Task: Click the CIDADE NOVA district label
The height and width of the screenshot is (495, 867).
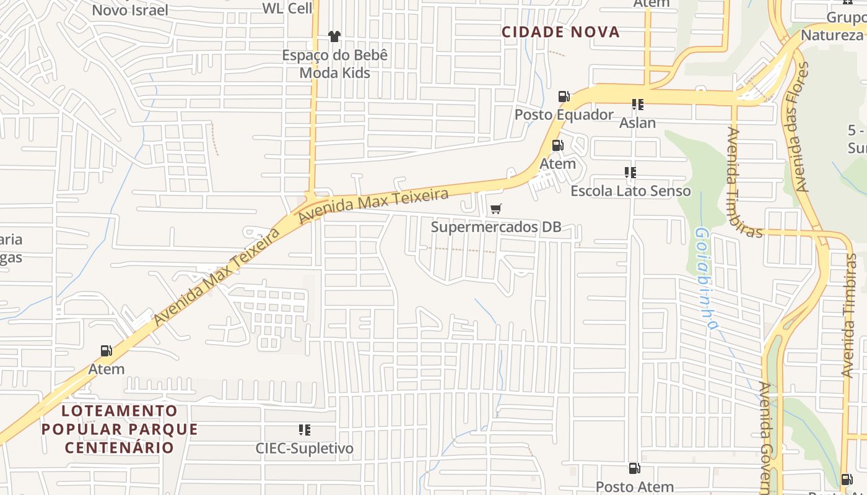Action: click(560, 32)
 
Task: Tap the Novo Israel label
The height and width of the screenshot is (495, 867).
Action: click(130, 10)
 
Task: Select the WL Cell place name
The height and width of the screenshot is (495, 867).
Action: click(287, 8)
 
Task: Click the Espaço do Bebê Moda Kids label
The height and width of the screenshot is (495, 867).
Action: click(335, 64)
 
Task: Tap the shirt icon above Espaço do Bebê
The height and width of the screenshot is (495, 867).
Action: click(334, 37)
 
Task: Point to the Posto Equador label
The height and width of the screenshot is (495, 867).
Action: click(564, 114)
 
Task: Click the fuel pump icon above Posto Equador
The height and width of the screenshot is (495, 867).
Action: click(564, 96)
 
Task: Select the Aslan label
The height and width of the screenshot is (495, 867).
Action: click(637, 123)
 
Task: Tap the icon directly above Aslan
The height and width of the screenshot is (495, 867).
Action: click(637, 104)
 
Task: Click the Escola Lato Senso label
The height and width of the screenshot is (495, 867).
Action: click(630, 191)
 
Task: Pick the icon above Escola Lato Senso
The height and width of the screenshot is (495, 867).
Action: click(630, 172)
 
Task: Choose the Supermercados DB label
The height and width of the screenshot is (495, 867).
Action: click(496, 227)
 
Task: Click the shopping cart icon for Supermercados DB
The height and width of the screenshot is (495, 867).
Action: click(496, 209)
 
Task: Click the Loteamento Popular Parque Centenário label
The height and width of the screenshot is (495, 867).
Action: click(120, 429)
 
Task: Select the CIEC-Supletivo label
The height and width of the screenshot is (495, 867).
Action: click(305, 448)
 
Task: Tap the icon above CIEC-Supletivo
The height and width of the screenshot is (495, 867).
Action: click(304, 429)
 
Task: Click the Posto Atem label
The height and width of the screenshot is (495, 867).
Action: click(634, 487)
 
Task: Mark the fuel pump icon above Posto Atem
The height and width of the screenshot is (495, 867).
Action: click(634, 468)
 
